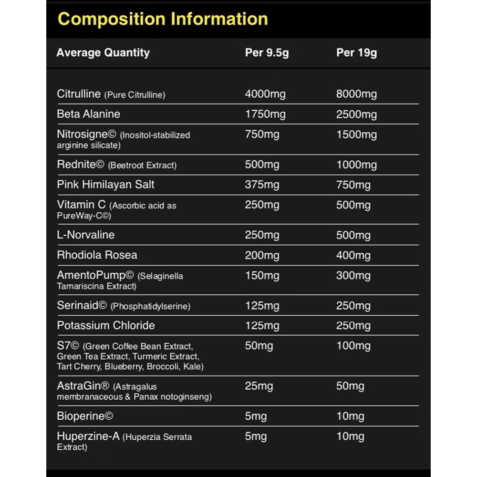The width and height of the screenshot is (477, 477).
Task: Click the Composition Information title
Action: pos(163,20)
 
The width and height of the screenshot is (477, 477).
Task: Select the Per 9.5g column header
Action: pos(267,53)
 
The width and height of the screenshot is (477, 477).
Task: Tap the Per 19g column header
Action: pos(356,53)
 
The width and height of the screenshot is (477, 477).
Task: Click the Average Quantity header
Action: pos(103,53)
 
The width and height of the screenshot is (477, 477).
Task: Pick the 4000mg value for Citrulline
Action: pos(265,94)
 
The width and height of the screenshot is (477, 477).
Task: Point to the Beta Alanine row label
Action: pos(89,114)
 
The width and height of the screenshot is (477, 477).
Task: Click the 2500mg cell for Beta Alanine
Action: pos(356,114)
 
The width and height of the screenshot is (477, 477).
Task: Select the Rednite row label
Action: pos(81,165)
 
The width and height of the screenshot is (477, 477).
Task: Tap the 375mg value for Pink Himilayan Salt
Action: pos(262,185)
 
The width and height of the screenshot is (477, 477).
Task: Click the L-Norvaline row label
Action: pos(86,235)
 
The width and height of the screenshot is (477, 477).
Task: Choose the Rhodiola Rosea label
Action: pos(97,255)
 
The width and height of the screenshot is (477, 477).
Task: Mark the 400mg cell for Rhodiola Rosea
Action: pos(353,255)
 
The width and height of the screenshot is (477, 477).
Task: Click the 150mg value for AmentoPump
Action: pos(262,276)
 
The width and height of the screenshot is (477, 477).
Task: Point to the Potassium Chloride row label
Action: pos(106,326)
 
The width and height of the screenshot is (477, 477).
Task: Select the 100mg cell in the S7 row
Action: pos(353,346)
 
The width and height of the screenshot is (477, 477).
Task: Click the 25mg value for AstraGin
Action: pos(259,386)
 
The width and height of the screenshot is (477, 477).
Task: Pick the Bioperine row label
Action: pos(85,416)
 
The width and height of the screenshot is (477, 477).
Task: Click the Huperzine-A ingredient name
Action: pos(88,436)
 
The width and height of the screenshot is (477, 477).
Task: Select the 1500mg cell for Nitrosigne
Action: pos(356,135)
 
